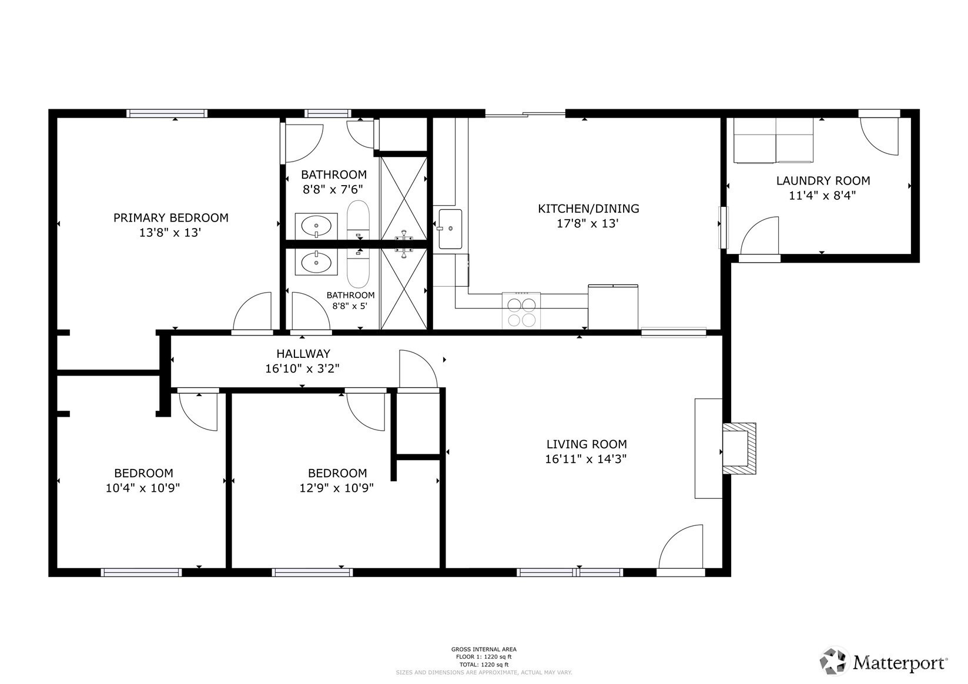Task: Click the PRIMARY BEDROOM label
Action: point(170,218)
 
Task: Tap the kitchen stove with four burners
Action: point(521,311)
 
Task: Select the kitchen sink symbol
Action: point(450,229)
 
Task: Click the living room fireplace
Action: point(739,448)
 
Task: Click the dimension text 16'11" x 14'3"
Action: point(586,459)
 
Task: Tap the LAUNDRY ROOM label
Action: point(823,180)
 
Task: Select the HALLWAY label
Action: point(303,354)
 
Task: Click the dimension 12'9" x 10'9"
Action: point(337,488)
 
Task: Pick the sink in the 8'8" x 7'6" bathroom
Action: point(316,226)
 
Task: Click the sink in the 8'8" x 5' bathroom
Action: point(316,262)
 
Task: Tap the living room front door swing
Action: point(681,546)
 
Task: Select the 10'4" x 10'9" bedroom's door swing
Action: point(198,412)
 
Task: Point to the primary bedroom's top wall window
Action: point(167,113)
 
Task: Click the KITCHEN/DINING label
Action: point(588,209)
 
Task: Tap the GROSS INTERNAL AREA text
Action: point(484,649)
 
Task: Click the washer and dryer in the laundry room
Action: point(773,140)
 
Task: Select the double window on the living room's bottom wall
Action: point(570,572)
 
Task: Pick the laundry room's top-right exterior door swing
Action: point(879,136)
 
